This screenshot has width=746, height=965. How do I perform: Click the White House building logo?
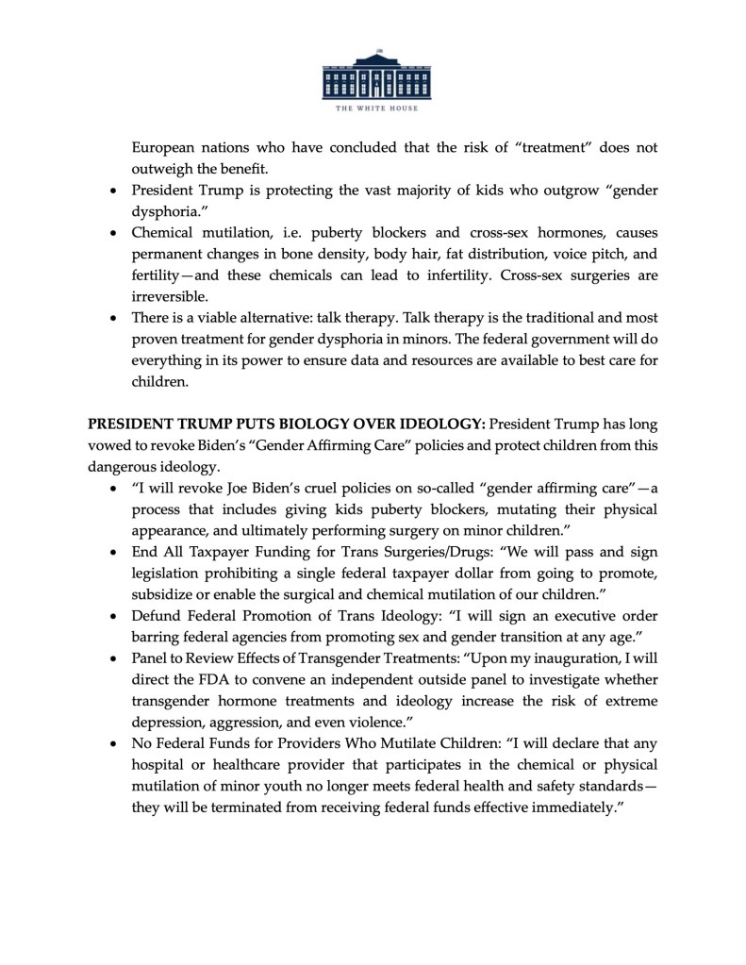373,75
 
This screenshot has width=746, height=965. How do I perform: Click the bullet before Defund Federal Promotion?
113,616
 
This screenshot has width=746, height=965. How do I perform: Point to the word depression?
172,722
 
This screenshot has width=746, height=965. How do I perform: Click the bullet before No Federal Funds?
113,743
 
